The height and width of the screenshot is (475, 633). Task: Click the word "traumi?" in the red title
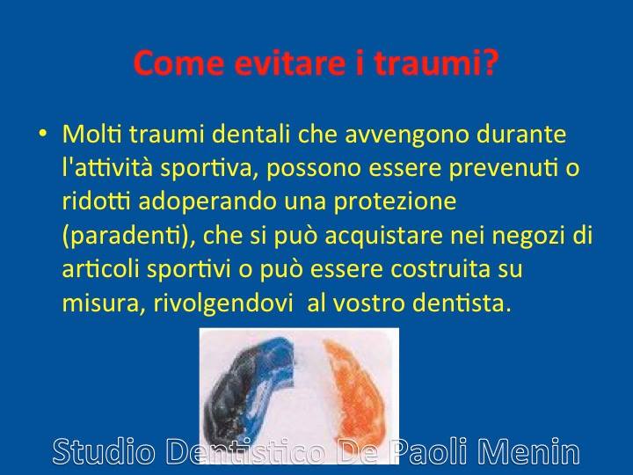tap(436, 63)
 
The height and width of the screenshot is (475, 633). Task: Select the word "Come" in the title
tap(178, 63)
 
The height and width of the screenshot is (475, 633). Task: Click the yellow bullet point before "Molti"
tap(43, 133)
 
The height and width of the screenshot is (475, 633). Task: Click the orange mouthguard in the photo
tap(356, 391)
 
